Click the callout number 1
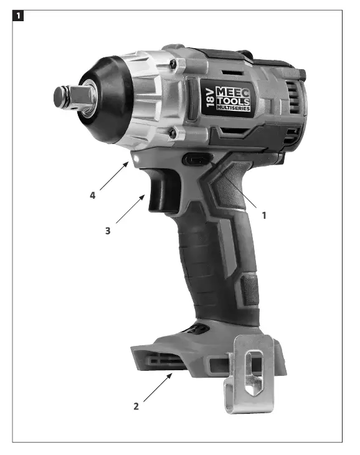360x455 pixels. tap(264, 216)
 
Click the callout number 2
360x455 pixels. tap(136, 406)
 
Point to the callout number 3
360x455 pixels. tap(108, 230)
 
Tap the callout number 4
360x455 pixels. tap(92, 195)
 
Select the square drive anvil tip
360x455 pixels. tap(63, 96)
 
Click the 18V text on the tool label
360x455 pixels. tap(209, 99)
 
